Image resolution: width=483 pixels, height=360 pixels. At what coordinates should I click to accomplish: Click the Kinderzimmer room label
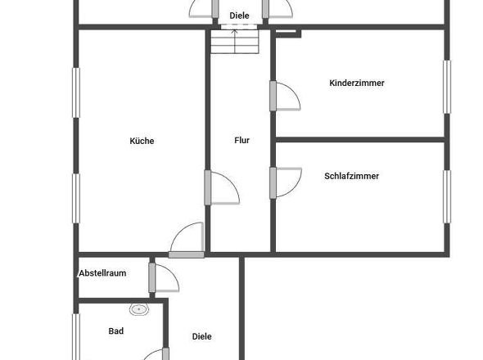click(x=356, y=83)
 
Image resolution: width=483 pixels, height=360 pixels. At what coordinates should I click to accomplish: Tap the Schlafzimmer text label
click(x=351, y=176)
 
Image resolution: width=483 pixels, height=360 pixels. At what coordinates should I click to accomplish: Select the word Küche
click(x=142, y=141)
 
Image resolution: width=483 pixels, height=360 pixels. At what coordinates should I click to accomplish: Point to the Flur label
click(x=241, y=141)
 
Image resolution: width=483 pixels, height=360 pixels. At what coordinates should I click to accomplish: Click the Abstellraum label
click(x=102, y=272)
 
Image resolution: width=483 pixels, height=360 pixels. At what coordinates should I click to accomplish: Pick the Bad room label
click(x=115, y=331)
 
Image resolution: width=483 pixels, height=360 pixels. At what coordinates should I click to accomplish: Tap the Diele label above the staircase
click(x=239, y=16)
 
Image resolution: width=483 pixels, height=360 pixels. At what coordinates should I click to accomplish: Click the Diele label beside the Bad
click(x=201, y=336)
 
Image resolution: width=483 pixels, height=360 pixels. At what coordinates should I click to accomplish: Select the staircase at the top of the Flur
click(x=235, y=42)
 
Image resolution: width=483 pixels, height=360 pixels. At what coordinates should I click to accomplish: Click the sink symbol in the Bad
click(x=139, y=309)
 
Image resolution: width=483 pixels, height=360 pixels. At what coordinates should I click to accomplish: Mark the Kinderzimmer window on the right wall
click(x=447, y=86)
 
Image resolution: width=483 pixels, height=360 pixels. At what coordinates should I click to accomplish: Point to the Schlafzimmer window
click(x=447, y=196)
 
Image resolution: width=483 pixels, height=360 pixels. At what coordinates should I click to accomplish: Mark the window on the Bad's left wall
click(x=76, y=335)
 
